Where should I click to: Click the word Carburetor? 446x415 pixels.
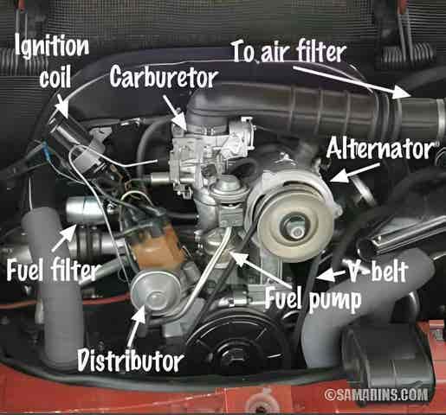(164, 76)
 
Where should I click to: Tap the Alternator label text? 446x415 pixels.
(380, 148)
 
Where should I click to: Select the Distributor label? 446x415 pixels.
(130, 360)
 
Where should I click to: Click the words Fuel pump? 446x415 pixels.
(313, 300)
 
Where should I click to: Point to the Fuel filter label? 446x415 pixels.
(53, 270)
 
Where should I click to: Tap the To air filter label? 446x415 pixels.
(289, 52)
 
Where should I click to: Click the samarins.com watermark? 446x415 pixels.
(376, 394)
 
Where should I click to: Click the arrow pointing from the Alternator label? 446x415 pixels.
(354, 173)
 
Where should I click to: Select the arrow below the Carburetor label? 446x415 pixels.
(175, 112)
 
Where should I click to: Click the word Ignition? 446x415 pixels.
(52, 45)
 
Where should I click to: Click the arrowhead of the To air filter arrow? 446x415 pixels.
(403, 93)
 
